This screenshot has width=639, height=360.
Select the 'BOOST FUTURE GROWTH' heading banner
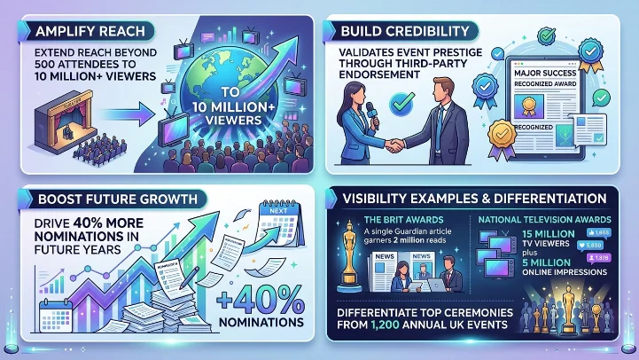point(105,199)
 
